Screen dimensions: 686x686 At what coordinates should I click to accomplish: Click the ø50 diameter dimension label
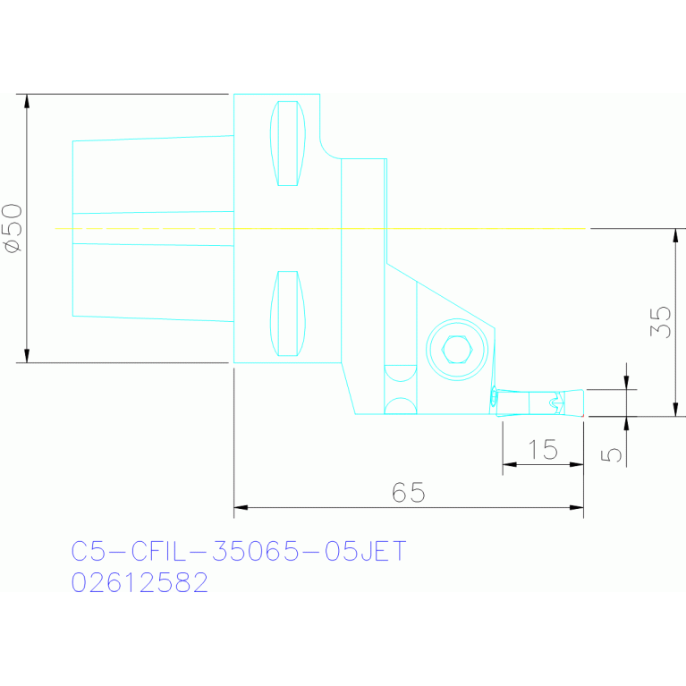(13, 229)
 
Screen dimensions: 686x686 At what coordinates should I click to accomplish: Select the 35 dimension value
(659, 322)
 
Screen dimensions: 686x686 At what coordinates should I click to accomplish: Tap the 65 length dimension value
(408, 493)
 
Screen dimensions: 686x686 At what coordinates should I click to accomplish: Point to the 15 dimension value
(543, 450)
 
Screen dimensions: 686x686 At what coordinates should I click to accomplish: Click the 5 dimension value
(613, 454)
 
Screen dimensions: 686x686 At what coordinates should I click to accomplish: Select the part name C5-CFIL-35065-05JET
(239, 552)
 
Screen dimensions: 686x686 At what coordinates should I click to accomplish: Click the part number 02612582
(140, 583)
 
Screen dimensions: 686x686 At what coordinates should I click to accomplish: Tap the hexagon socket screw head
(458, 349)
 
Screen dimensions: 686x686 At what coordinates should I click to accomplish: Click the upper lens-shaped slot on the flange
(287, 143)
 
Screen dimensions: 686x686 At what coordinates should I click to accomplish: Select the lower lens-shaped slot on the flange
(287, 313)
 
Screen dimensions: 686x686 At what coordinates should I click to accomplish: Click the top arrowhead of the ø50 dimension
(27, 100)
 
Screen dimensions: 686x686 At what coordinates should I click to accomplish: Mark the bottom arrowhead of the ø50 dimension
(27, 356)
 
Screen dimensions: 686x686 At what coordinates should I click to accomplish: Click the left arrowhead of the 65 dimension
(241, 508)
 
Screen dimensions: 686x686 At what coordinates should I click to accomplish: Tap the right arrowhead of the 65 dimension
(577, 508)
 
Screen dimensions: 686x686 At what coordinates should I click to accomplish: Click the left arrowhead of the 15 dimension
(509, 464)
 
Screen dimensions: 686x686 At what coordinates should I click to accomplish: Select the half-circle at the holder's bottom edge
(400, 406)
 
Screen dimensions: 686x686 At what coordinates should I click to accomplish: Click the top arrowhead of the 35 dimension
(675, 235)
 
